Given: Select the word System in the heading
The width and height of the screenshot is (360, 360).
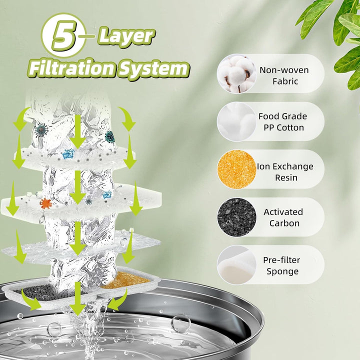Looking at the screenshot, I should pos(152,68).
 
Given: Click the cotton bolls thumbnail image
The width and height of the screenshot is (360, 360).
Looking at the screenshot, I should pos(236,74).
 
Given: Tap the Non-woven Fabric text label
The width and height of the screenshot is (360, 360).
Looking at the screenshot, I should pos(283,75).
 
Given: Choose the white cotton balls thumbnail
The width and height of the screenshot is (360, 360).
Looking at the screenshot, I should pos(236,121).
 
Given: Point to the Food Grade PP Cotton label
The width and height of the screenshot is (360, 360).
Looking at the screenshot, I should pos(282,121).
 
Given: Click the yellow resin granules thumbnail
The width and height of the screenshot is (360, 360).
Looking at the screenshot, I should pos(236,169).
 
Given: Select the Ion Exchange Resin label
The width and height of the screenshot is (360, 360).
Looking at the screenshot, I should pos(285,171).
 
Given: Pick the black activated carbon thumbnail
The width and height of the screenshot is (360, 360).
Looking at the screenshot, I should pos(236,217).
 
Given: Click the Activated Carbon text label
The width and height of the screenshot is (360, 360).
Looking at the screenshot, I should pos(283,217).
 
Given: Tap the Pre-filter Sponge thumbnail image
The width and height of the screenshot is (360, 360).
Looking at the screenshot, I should pos(236,264).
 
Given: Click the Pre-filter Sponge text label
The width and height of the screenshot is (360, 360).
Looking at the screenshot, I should pos(282,265).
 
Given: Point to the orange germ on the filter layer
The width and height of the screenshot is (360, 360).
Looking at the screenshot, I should pos(46,203).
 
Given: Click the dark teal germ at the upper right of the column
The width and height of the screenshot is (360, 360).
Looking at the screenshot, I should pos(109,136).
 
